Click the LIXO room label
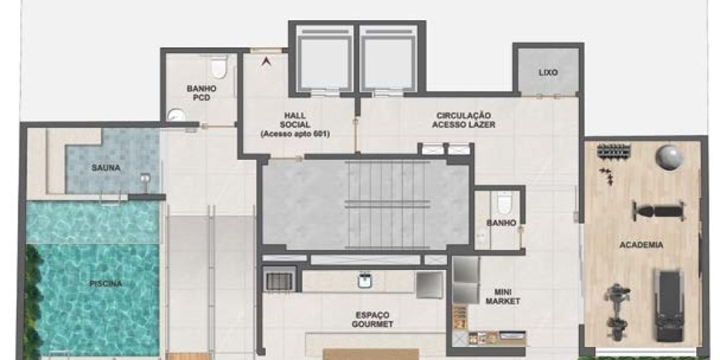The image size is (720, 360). (x=548, y=73)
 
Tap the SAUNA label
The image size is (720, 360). (x=106, y=168)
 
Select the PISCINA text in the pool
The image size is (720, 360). (x=106, y=284)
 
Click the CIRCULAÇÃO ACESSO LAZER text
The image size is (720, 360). (x=463, y=120)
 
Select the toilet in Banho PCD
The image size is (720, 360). (x=219, y=66)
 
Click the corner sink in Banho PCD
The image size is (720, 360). (x=174, y=114)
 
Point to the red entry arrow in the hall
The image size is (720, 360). (x=266, y=61)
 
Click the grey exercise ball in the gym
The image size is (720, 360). (x=670, y=158)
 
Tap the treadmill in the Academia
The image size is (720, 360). (x=669, y=305)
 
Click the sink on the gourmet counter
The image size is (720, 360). (x=364, y=281)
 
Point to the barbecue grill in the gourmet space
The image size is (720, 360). (x=279, y=281)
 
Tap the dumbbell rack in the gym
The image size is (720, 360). (x=614, y=150)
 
